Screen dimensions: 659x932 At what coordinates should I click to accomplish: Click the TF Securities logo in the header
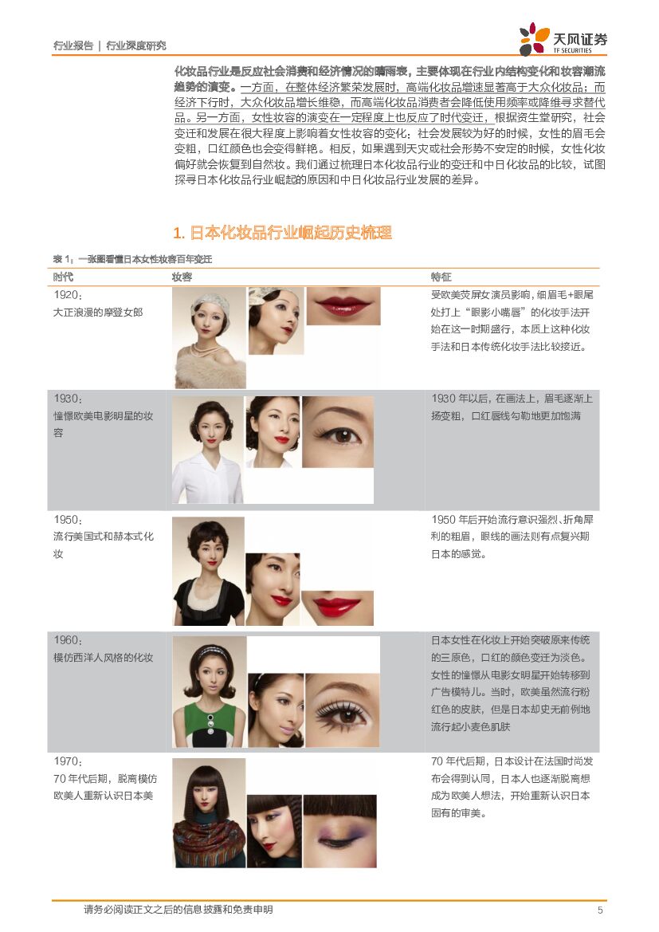pyautogui.click(x=563, y=38)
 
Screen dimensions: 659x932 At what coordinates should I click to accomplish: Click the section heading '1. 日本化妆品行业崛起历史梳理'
pyautogui.click(x=282, y=233)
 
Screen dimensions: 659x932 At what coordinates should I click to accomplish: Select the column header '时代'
pyautogui.click(x=63, y=277)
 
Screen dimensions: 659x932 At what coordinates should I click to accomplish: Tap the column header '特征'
pyautogui.click(x=441, y=277)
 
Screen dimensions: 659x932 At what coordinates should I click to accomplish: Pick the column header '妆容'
pyautogui.click(x=182, y=277)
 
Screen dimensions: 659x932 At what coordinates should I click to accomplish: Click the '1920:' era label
pyautogui.click(x=68, y=295)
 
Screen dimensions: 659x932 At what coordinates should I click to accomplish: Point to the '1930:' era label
pyautogui.click(x=68, y=399)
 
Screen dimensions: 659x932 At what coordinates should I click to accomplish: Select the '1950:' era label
pyautogui.click(x=68, y=520)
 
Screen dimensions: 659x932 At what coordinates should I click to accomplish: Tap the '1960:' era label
pyautogui.click(x=68, y=640)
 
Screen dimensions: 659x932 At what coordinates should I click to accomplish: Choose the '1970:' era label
pyautogui.click(x=68, y=761)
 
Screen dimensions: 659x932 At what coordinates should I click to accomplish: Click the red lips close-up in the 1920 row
pyautogui.click(x=343, y=306)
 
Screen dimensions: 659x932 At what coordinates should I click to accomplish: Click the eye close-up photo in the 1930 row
pyautogui.click(x=338, y=432)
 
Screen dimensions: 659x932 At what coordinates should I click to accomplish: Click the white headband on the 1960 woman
pyautogui.click(x=210, y=651)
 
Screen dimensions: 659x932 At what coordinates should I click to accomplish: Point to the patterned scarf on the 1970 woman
pyautogui.click(x=209, y=840)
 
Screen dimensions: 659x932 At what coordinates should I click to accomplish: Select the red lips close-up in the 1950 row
pyautogui.click(x=338, y=608)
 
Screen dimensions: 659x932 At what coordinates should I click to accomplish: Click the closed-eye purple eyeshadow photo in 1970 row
pyautogui.click(x=340, y=831)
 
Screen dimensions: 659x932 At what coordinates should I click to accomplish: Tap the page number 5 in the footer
pyautogui.click(x=600, y=910)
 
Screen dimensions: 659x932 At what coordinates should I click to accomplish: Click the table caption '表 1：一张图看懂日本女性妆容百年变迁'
pyautogui.click(x=132, y=259)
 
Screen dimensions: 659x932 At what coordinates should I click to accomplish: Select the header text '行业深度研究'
pyautogui.click(x=136, y=45)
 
